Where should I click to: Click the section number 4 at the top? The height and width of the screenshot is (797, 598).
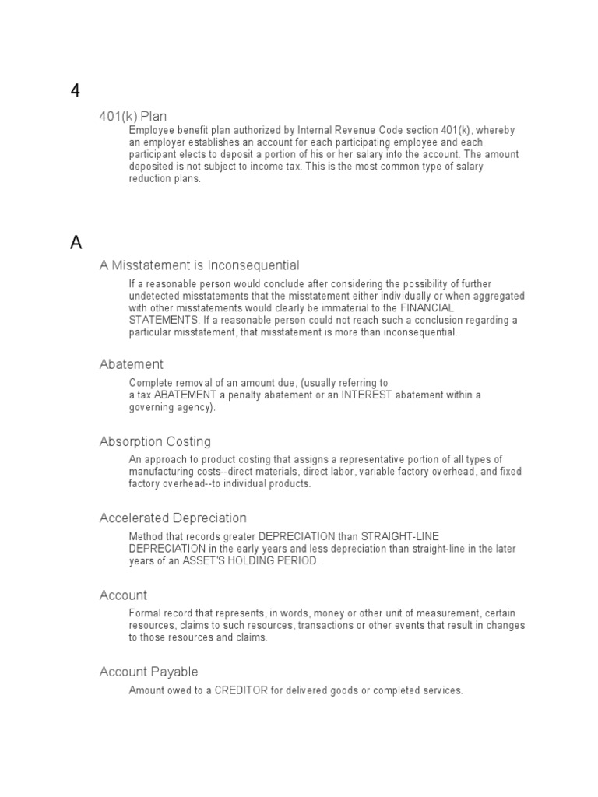tap(76, 91)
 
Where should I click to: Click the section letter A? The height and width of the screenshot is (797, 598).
tap(76, 243)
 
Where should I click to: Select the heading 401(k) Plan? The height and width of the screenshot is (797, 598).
tap(133, 117)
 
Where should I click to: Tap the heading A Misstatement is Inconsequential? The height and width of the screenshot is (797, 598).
tap(199, 265)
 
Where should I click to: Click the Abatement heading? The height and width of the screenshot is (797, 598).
tap(132, 364)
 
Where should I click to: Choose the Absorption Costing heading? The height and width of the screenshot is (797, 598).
tap(155, 441)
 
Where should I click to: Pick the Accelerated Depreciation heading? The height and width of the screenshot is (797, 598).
tap(173, 518)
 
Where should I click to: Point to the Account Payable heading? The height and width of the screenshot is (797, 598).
tap(149, 672)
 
